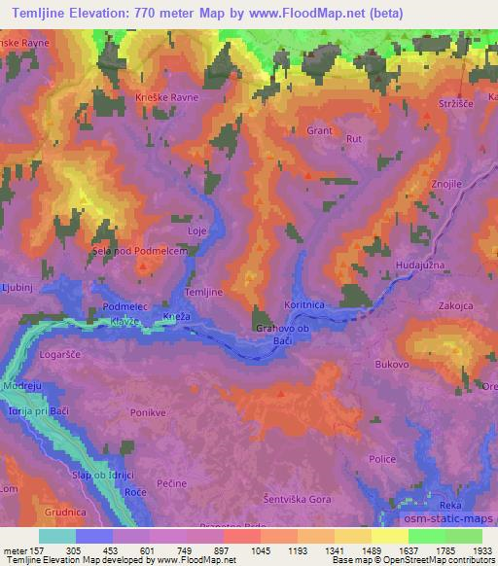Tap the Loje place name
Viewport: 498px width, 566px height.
197,230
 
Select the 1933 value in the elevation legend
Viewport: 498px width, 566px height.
478,548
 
